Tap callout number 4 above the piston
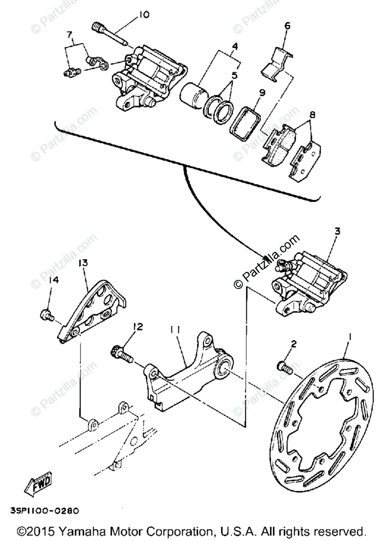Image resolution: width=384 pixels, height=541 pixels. [235, 46]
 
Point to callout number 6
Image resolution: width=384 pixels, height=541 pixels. [287, 26]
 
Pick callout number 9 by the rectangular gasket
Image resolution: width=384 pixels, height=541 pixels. [262, 92]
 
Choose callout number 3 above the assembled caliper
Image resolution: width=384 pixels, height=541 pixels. [337, 231]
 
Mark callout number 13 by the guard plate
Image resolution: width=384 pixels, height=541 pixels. [84, 262]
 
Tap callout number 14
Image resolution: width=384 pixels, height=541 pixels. [54, 280]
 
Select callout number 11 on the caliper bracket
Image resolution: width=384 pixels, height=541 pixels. [175, 330]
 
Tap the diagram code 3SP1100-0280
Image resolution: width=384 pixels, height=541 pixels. [44, 511]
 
